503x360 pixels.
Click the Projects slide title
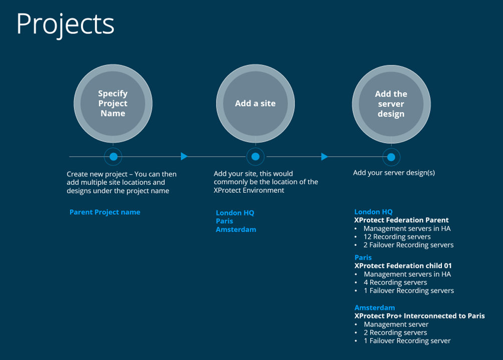coord(65,24)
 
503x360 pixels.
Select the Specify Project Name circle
coord(113,104)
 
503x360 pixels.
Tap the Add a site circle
coord(255,104)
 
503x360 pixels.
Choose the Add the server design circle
coord(391,104)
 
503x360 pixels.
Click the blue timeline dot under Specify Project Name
coord(113,157)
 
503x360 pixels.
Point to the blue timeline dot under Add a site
coord(255,157)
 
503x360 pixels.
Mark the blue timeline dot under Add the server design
coord(391,157)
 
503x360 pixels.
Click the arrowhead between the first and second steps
coord(184,157)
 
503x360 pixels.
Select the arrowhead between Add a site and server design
coord(324,157)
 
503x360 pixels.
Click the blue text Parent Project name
coord(105,212)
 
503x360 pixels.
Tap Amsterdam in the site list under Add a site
coord(235,230)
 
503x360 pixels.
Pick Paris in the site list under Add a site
coord(224,221)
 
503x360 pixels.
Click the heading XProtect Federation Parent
coord(401,220)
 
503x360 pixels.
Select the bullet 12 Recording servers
coord(397,237)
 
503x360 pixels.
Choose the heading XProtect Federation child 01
coord(403,266)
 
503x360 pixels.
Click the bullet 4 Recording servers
coord(395,282)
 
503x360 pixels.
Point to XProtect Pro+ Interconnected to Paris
coord(419,316)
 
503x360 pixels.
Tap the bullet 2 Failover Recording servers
coord(408,245)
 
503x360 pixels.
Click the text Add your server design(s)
coord(394,173)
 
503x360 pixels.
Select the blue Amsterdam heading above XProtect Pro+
coord(374,308)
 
